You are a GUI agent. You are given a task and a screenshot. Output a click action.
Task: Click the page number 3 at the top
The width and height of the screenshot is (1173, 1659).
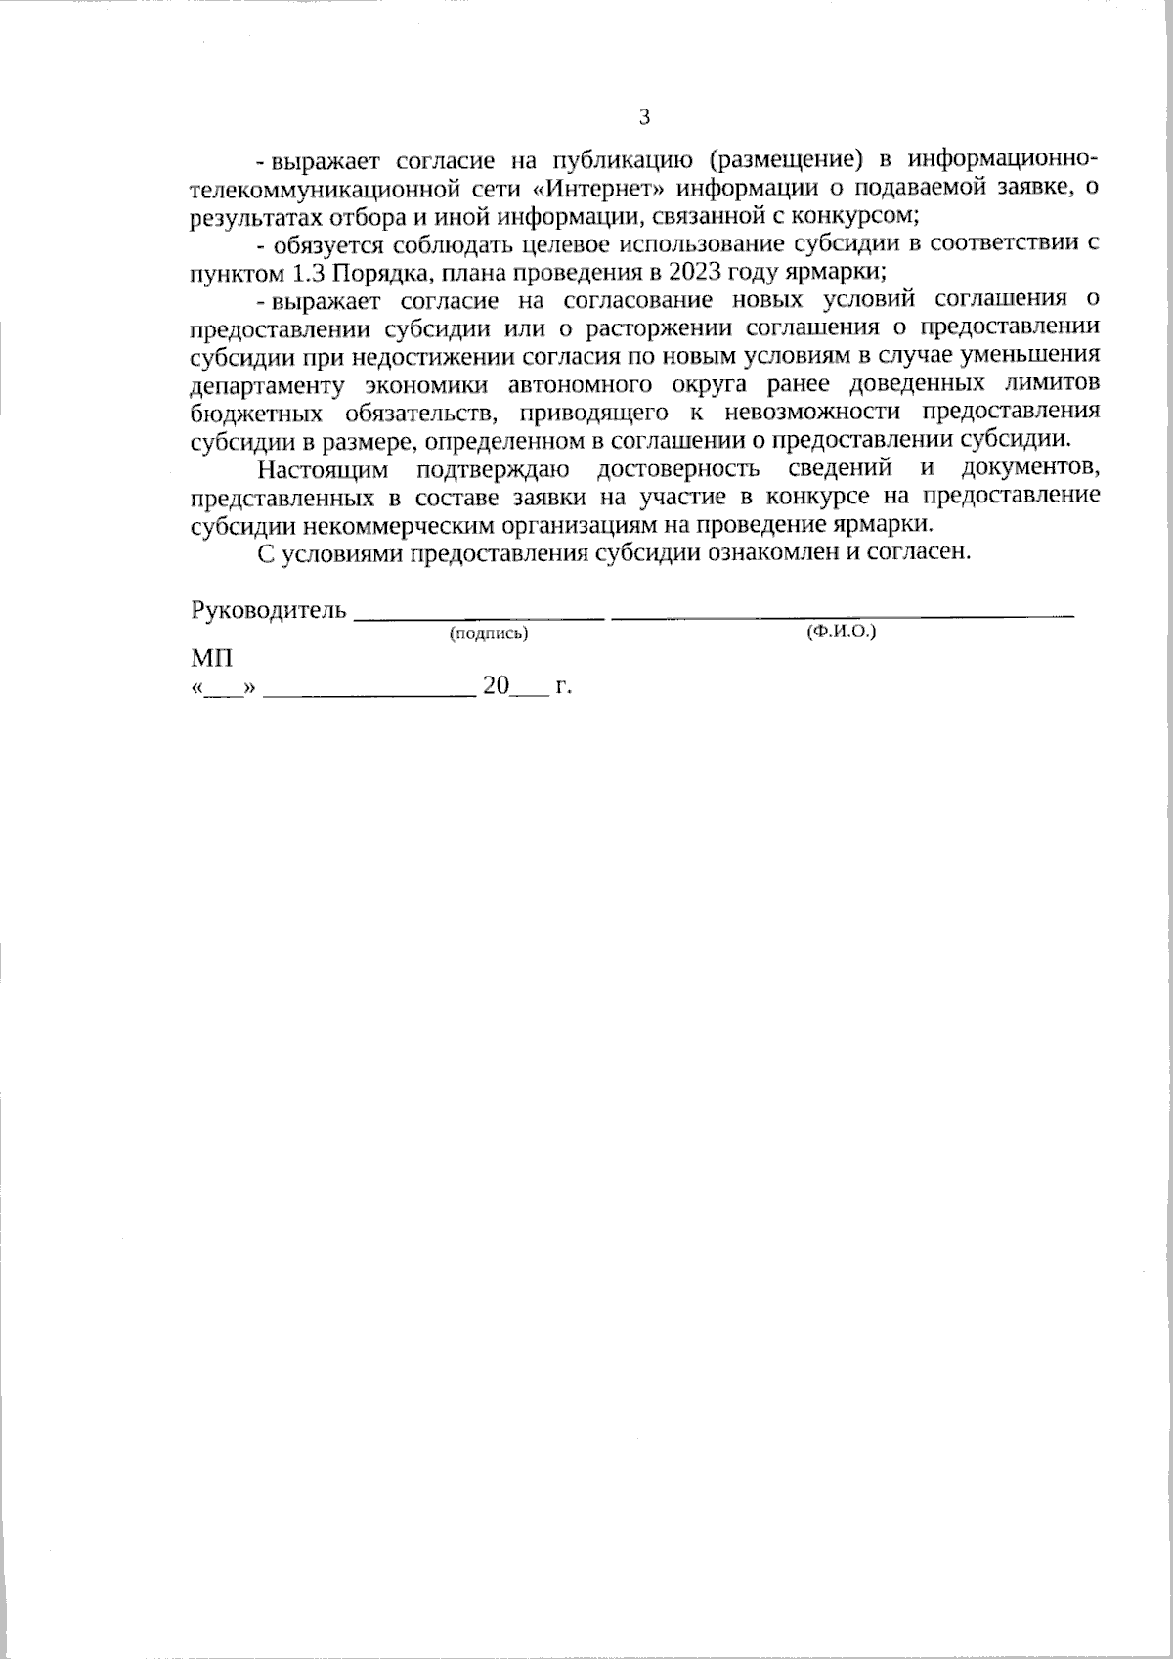[x=643, y=118]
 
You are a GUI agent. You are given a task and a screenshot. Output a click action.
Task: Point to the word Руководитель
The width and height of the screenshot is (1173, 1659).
[x=269, y=611]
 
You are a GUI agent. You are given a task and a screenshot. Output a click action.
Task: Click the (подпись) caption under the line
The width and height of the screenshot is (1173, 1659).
[x=488, y=634]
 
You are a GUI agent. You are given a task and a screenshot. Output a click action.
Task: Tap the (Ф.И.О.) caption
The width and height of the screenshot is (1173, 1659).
[x=841, y=633]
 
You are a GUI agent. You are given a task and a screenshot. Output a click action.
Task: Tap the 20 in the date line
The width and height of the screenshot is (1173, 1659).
[x=496, y=687]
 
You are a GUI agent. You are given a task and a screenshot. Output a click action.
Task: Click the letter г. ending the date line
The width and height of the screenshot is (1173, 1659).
[x=563, y=687]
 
